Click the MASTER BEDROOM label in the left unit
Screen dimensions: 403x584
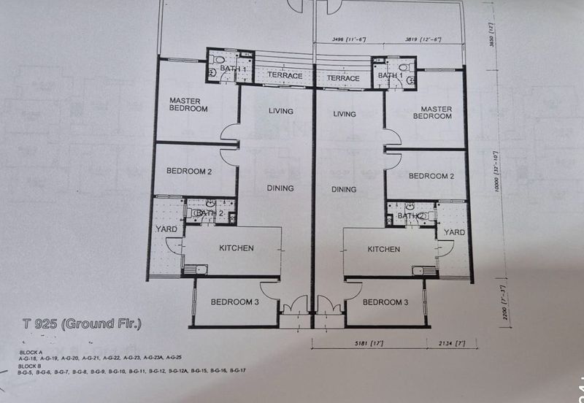188,104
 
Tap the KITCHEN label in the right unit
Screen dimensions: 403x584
383,249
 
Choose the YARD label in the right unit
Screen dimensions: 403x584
454,232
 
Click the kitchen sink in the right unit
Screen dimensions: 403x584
423,270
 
